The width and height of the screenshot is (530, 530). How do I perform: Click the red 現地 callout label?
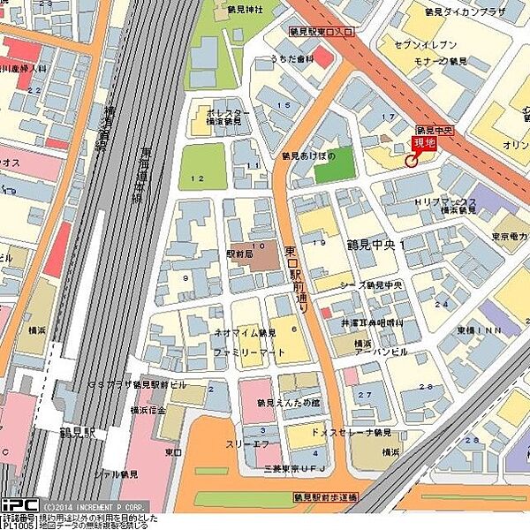[425, 142]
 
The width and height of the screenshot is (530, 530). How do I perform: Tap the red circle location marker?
[411, 161]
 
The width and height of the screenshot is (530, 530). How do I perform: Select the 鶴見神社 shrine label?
[241, 12]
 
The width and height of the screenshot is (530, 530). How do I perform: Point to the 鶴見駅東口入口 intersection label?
[321, 31]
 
